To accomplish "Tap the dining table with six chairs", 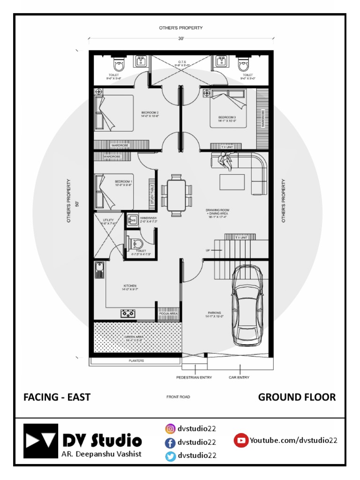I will [x=177, y=195].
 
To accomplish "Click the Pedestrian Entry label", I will [x=194, y=377].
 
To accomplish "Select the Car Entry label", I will [x=239, y=377].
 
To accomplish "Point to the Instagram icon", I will [x=170, y=428].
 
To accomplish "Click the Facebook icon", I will [x=170, y=442].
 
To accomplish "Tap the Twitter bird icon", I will [x=170, y=456].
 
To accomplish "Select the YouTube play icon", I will [x=241, y=440].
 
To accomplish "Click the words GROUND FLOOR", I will [x=297, y=397].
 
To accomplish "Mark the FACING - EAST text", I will [x=57, y=397].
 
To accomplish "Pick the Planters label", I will [x=136, y=361].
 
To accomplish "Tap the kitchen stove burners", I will [x=128, y=314].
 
